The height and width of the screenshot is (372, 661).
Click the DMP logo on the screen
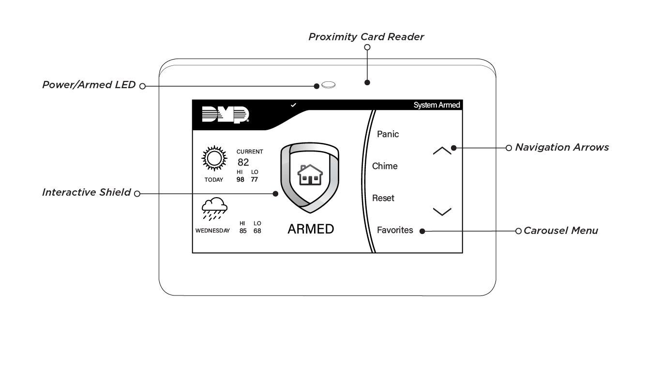point(225,115)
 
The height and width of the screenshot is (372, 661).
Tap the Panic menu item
point(388,134)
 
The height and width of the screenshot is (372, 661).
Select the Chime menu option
point(385,166)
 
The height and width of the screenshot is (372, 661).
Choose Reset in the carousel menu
point(383,198)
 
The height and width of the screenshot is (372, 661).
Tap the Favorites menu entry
point(395,230)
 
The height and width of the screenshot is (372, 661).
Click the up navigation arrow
point(442,151)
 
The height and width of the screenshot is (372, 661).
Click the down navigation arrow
point(442,211)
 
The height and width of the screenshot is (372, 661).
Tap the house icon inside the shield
point(310,175)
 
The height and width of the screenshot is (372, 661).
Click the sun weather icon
point(214,158)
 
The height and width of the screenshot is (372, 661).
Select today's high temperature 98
point(240,180)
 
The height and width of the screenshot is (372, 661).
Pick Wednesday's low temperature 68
point(257,231)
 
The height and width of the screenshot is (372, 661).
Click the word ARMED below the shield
point(311,229)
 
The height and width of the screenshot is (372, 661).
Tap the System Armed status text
point(436,105)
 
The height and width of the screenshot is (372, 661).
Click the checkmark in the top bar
point(293,105)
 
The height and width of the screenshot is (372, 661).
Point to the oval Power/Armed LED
point(329,85)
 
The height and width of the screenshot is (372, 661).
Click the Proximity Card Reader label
point(366,37)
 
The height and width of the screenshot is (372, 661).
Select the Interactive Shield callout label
point(86,192)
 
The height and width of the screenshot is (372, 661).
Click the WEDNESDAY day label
point(212,231)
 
